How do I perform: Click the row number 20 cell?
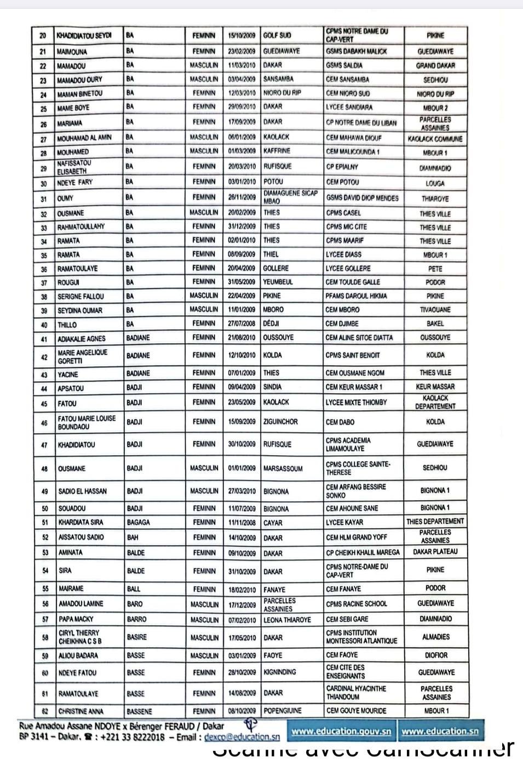43,36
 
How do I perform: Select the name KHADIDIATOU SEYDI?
84,36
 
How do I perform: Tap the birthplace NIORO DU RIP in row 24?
282,93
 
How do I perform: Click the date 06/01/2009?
242,137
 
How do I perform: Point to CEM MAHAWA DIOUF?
353,138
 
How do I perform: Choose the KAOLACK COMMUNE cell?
435,139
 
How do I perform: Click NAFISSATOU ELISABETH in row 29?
74,167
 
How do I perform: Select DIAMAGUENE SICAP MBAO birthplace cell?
291,197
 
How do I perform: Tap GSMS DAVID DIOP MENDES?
362,198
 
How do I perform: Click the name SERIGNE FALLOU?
81,297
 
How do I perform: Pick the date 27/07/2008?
242,324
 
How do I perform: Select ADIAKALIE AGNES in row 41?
82,338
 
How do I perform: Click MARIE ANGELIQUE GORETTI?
83,356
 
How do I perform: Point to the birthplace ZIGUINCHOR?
280,422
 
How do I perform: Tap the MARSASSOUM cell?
283,468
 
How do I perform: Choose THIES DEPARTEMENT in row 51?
435,522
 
